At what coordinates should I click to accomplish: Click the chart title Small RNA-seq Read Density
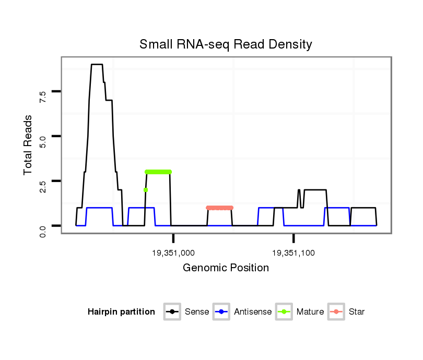[x=226, y=44]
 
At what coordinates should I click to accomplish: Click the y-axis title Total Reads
[x=29, y=145]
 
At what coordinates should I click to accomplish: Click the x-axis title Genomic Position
[x=226, y=268]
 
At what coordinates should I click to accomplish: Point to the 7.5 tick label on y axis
[x=43, y=96]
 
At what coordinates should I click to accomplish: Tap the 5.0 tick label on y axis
[x=43, y=141]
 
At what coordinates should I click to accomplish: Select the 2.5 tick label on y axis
[x=43, y=186]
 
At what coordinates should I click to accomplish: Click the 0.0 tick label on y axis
[x=43, y=230]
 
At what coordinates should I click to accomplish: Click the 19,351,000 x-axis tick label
[x=173, y=253]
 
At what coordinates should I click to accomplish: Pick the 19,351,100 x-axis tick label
[x=293, y=253]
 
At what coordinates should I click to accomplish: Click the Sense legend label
[x=197, y=312]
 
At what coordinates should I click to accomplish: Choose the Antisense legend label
[x=253, y=312]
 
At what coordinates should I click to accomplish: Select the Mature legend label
[x=310, y=312]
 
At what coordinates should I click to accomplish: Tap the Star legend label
[x=357, y=312]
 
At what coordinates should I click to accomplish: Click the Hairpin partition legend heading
[x=121, y=312]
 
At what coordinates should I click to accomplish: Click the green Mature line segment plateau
[x=158, y=172]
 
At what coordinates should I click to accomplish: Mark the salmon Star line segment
[x=219, y=208]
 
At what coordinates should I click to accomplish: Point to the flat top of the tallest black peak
[x=97, y=65]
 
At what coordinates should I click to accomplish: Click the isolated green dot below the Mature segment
[x=146, y=190]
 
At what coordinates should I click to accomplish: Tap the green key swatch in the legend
[x=284, y=312]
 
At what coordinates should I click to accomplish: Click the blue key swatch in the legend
[x=222, y=312]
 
